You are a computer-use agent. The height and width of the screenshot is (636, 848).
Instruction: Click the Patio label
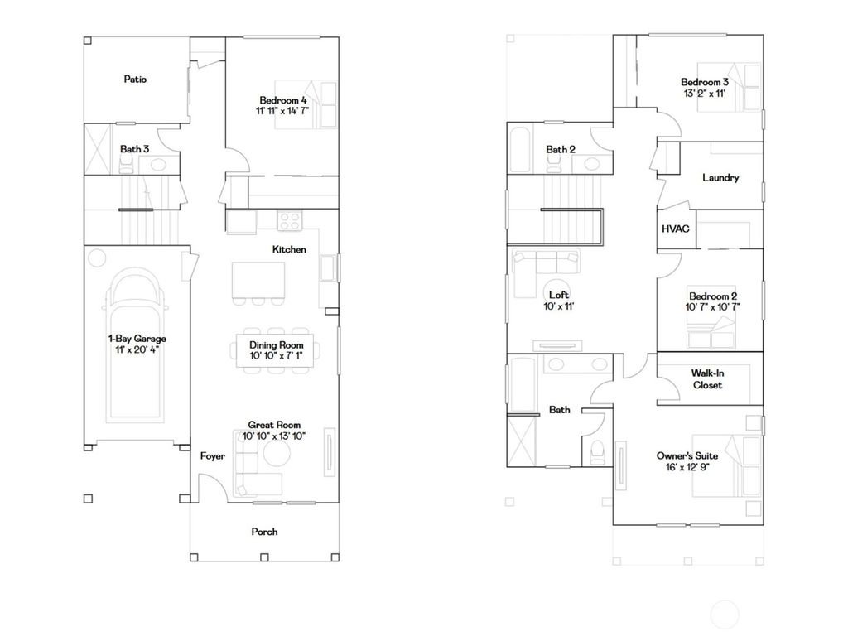[135, 79]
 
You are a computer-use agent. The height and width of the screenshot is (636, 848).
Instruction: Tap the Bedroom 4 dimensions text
[282, 110]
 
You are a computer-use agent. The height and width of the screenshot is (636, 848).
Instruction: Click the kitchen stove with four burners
[290, 220]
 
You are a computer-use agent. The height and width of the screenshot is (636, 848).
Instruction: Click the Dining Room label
[276, 344]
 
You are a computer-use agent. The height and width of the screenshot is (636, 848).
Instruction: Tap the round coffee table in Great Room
[275, 455]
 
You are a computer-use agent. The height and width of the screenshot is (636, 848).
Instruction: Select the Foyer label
[213, 456]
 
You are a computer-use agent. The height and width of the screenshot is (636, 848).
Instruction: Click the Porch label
[264, 532]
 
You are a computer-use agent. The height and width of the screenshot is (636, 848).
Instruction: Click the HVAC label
[676, 229]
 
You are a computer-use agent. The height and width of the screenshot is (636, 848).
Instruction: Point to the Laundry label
[720, 177]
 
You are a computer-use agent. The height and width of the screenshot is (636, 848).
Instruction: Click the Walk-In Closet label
[706, 378]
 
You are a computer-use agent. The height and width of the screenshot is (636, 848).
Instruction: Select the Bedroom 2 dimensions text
[713, 306]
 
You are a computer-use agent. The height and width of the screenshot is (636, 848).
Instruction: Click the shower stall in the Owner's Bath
[523, 439]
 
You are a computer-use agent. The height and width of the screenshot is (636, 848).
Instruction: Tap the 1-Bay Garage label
[137, 338]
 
